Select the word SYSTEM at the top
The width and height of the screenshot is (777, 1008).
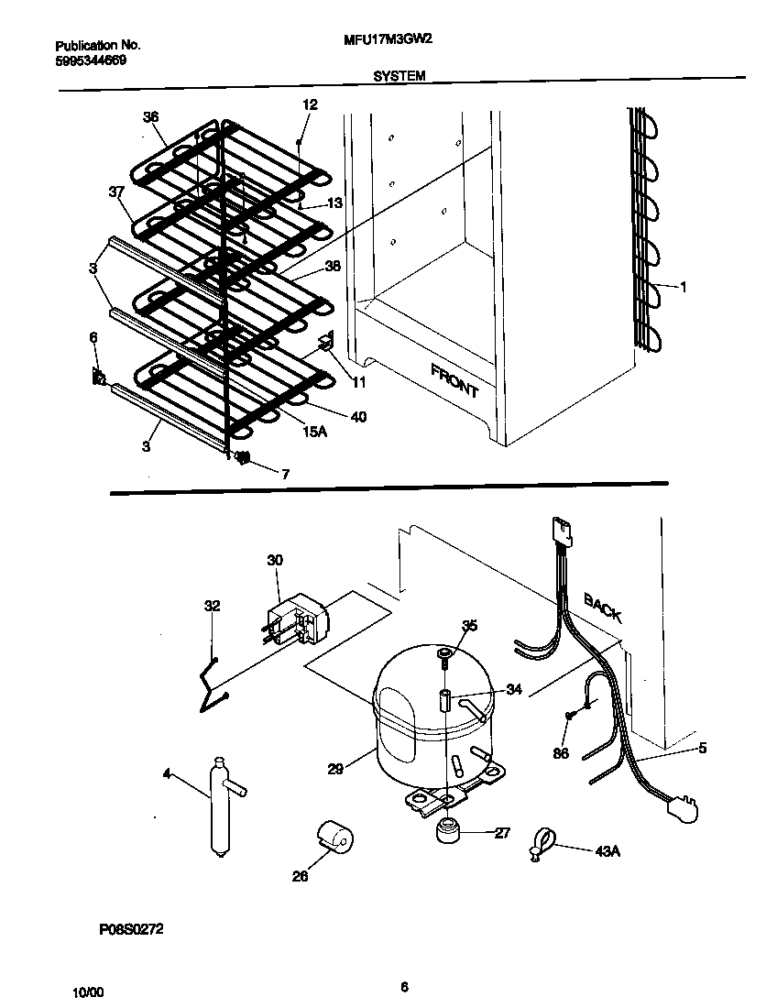(x=399, y=77)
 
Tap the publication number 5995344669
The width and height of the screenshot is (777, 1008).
(x=91, y=60)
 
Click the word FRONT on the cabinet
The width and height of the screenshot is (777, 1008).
(x=454, y=379)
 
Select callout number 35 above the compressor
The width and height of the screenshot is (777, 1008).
(x=469, y=626)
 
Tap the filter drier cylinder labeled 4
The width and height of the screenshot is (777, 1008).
(x=220, y=807)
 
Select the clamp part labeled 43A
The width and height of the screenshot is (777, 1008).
(x=543, y=844)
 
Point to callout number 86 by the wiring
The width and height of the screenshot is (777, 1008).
(x=560, y=753)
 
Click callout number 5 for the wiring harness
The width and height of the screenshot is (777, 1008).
(x=702, y=747)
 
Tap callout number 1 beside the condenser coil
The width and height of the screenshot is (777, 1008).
(x=683, y=287)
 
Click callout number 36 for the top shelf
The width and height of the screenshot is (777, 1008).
(x=151, y=116)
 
